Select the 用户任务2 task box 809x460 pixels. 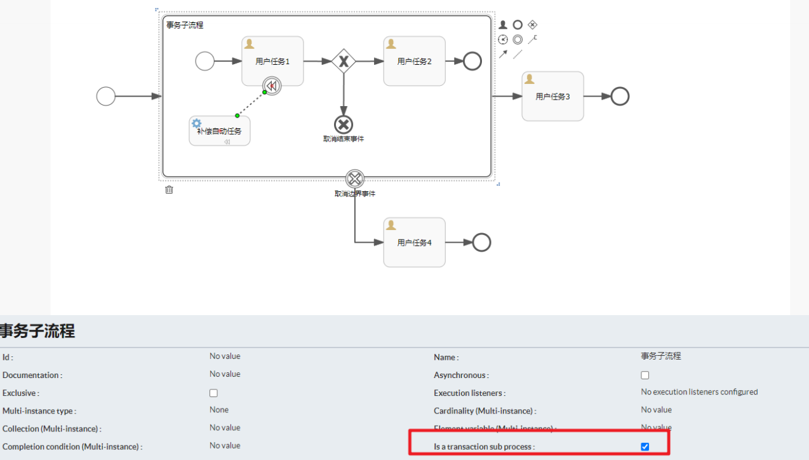coord(414,61)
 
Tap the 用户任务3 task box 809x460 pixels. coord(552,96)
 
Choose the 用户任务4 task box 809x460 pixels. coord(414,242)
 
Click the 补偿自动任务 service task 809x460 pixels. coord(219,131)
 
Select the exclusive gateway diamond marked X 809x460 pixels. coord(344,61)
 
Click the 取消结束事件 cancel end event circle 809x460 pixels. coord(344,125)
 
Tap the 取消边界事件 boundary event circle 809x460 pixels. coord(355,179)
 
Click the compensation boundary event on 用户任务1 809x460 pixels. coord(272,86)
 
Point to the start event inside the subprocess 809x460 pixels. coord(205,61)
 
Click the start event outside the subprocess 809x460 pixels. coord(106,97)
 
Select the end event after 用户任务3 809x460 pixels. coord(620,97)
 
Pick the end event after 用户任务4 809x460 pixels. coord(482,242)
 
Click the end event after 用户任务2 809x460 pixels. coord(472,61)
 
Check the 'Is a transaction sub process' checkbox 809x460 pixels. coord(645,447)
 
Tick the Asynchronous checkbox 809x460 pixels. coord(645,375)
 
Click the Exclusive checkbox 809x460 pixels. coord(213,393)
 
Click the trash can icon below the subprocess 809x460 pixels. coord(169,189)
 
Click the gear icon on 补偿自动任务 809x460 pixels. coord(197,123)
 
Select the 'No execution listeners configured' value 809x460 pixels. coord(699,392)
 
